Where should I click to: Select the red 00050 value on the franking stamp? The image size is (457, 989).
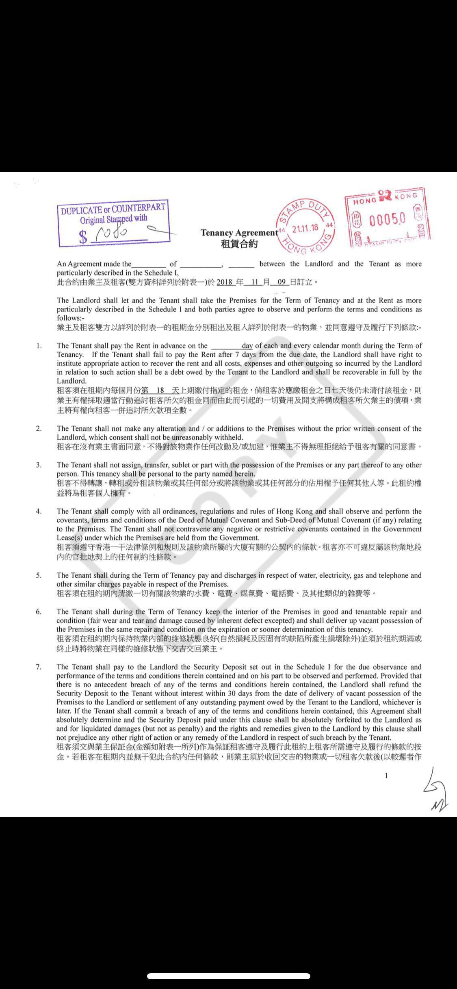pos(387,220)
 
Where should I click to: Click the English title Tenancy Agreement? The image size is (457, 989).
pos(239,233)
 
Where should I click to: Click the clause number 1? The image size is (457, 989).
pos(39,346)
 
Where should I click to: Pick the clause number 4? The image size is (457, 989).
pos(39,511)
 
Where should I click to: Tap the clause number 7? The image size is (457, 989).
pos(39,667)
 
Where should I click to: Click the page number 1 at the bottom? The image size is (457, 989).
pos(386,776)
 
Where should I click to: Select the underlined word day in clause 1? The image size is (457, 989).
pos(247,346)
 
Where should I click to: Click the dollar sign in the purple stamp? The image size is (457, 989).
pos(83,237)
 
